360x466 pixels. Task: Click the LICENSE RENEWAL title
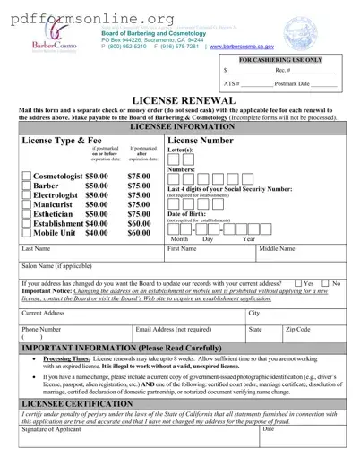(x=179, y=102)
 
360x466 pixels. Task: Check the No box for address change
(x=327, y=283)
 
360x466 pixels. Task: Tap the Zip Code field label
(x=298, y=330)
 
